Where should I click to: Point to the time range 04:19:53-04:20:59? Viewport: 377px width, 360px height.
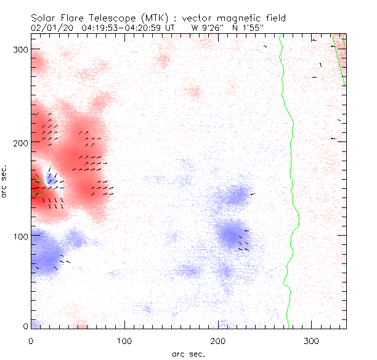pyautogui.click(x=122, y=27)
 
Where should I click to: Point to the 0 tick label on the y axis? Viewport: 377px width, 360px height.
pyautogui.click(x=25, y=326)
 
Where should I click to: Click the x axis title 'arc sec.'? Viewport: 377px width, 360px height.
pyautogui.click(x=188, y=354)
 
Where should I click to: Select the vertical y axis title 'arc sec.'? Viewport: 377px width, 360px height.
pyautogui.click(x=6, y=182)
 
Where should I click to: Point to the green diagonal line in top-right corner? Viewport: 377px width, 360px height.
pyautogui.click(x=338, y=60)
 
